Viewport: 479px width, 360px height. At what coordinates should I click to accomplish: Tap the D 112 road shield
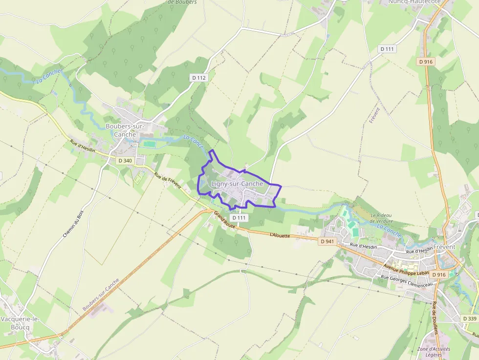point(198,78)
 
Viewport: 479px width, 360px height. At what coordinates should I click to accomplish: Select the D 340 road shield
point(125,161)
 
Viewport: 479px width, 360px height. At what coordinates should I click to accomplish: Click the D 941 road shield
point(328,241)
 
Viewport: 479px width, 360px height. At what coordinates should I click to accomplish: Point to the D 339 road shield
point(470,318)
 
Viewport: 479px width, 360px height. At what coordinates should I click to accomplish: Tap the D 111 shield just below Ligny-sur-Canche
point(239,218)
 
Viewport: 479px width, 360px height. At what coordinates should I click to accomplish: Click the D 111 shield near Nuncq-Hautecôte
point(388,49)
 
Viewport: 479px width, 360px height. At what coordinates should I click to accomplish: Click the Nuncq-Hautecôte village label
point(414,2)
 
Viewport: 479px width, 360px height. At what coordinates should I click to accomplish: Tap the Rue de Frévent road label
point(168,181)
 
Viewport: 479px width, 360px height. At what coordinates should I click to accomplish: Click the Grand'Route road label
point(225,220)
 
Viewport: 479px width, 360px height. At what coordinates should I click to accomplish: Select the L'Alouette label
point(280,235)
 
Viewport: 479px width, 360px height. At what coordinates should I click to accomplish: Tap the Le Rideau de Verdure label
point(382,218)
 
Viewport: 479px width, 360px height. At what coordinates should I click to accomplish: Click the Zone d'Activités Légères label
point(434,352)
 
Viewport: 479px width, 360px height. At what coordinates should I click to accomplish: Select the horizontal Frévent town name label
point(444,247)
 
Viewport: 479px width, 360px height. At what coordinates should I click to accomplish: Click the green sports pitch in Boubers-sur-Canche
point(149,144)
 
